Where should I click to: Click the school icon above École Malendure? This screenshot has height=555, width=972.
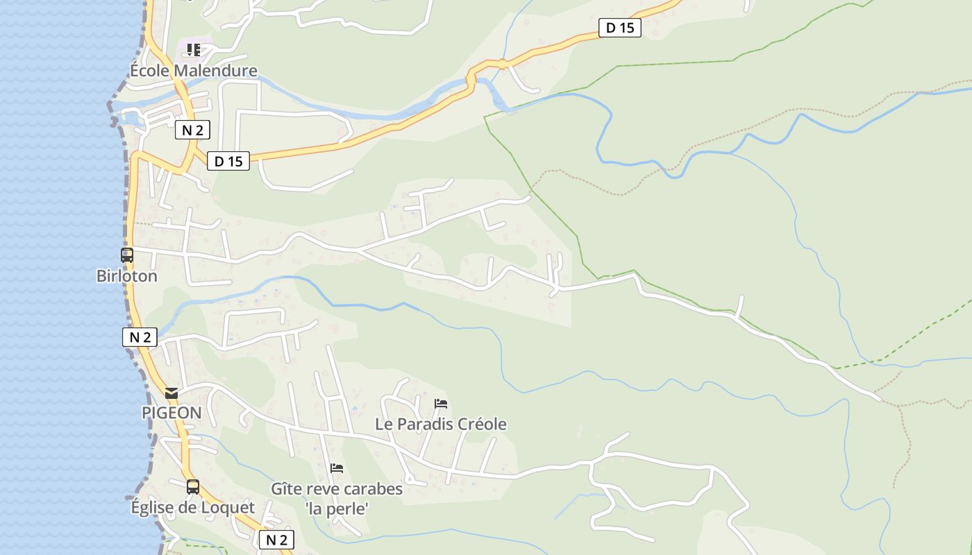pyautogui.click(x=194, y=50)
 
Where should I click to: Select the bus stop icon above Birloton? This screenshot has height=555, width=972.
pyautogui.click(x=127, y=255)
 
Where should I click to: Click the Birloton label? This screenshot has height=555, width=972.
pyautogui.click(x=127, y=276)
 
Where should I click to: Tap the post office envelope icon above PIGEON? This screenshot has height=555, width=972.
pyautogui.click(x=171, y=393)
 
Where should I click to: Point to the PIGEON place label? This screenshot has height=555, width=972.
pyautogui.click(x=171, y=413)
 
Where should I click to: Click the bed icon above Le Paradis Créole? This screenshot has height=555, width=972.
pyautogui.click(x=441, y=404)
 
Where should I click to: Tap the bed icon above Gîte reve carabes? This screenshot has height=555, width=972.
pyautogui.click(x=337, y=468)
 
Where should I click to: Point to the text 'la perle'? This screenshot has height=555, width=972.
pyautogui.click(x=337, y=509)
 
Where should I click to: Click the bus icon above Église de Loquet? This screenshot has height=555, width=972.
pyautogui.click(x=193, y=487)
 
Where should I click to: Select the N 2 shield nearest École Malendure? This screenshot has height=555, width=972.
pyautogui.click(x=192, y=130)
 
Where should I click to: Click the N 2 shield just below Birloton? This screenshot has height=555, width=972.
pyautogui.click(x=140, y=337)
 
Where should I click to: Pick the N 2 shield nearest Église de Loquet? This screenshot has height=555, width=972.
pyautogui.click(x=276, y=540)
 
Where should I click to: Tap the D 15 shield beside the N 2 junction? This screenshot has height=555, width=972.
pyautogui.click(x=228, y=162)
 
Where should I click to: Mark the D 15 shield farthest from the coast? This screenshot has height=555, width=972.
pyautogui.click(x=620, y=28)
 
